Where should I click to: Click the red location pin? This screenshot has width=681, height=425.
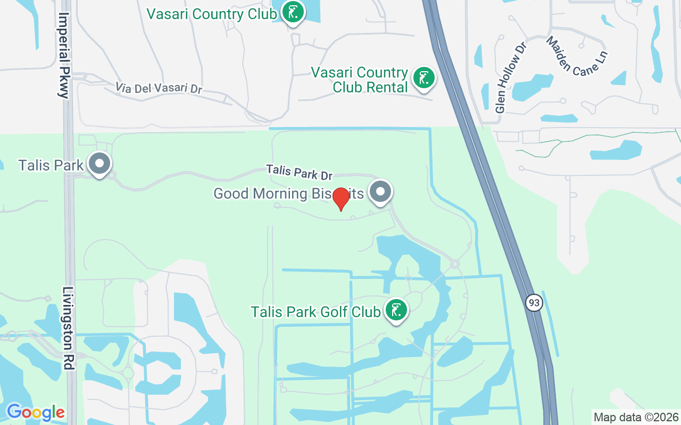(340, 199)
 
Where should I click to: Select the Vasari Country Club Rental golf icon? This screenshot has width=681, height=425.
(423, 79)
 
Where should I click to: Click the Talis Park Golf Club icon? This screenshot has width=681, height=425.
(395, 310)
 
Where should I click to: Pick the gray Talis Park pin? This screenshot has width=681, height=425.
(99, 164)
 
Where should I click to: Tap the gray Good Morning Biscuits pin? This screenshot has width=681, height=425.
(380, 192)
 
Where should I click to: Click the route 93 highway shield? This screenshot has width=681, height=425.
(534, 303)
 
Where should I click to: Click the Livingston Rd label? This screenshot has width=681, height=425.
(68, 328)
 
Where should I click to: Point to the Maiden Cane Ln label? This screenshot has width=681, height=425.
(576, 56)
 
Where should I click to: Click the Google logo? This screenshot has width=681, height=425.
(36, 412)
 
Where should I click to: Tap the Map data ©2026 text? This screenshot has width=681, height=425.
(636, 418)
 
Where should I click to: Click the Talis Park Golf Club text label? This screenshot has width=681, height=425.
(315, 311)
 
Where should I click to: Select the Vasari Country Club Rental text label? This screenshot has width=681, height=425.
(360, 80)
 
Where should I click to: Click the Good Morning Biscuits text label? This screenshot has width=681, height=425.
(288, 193)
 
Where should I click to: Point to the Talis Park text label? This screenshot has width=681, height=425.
(51, 165)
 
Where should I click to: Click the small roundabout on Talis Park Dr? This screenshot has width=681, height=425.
(455, 263)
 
